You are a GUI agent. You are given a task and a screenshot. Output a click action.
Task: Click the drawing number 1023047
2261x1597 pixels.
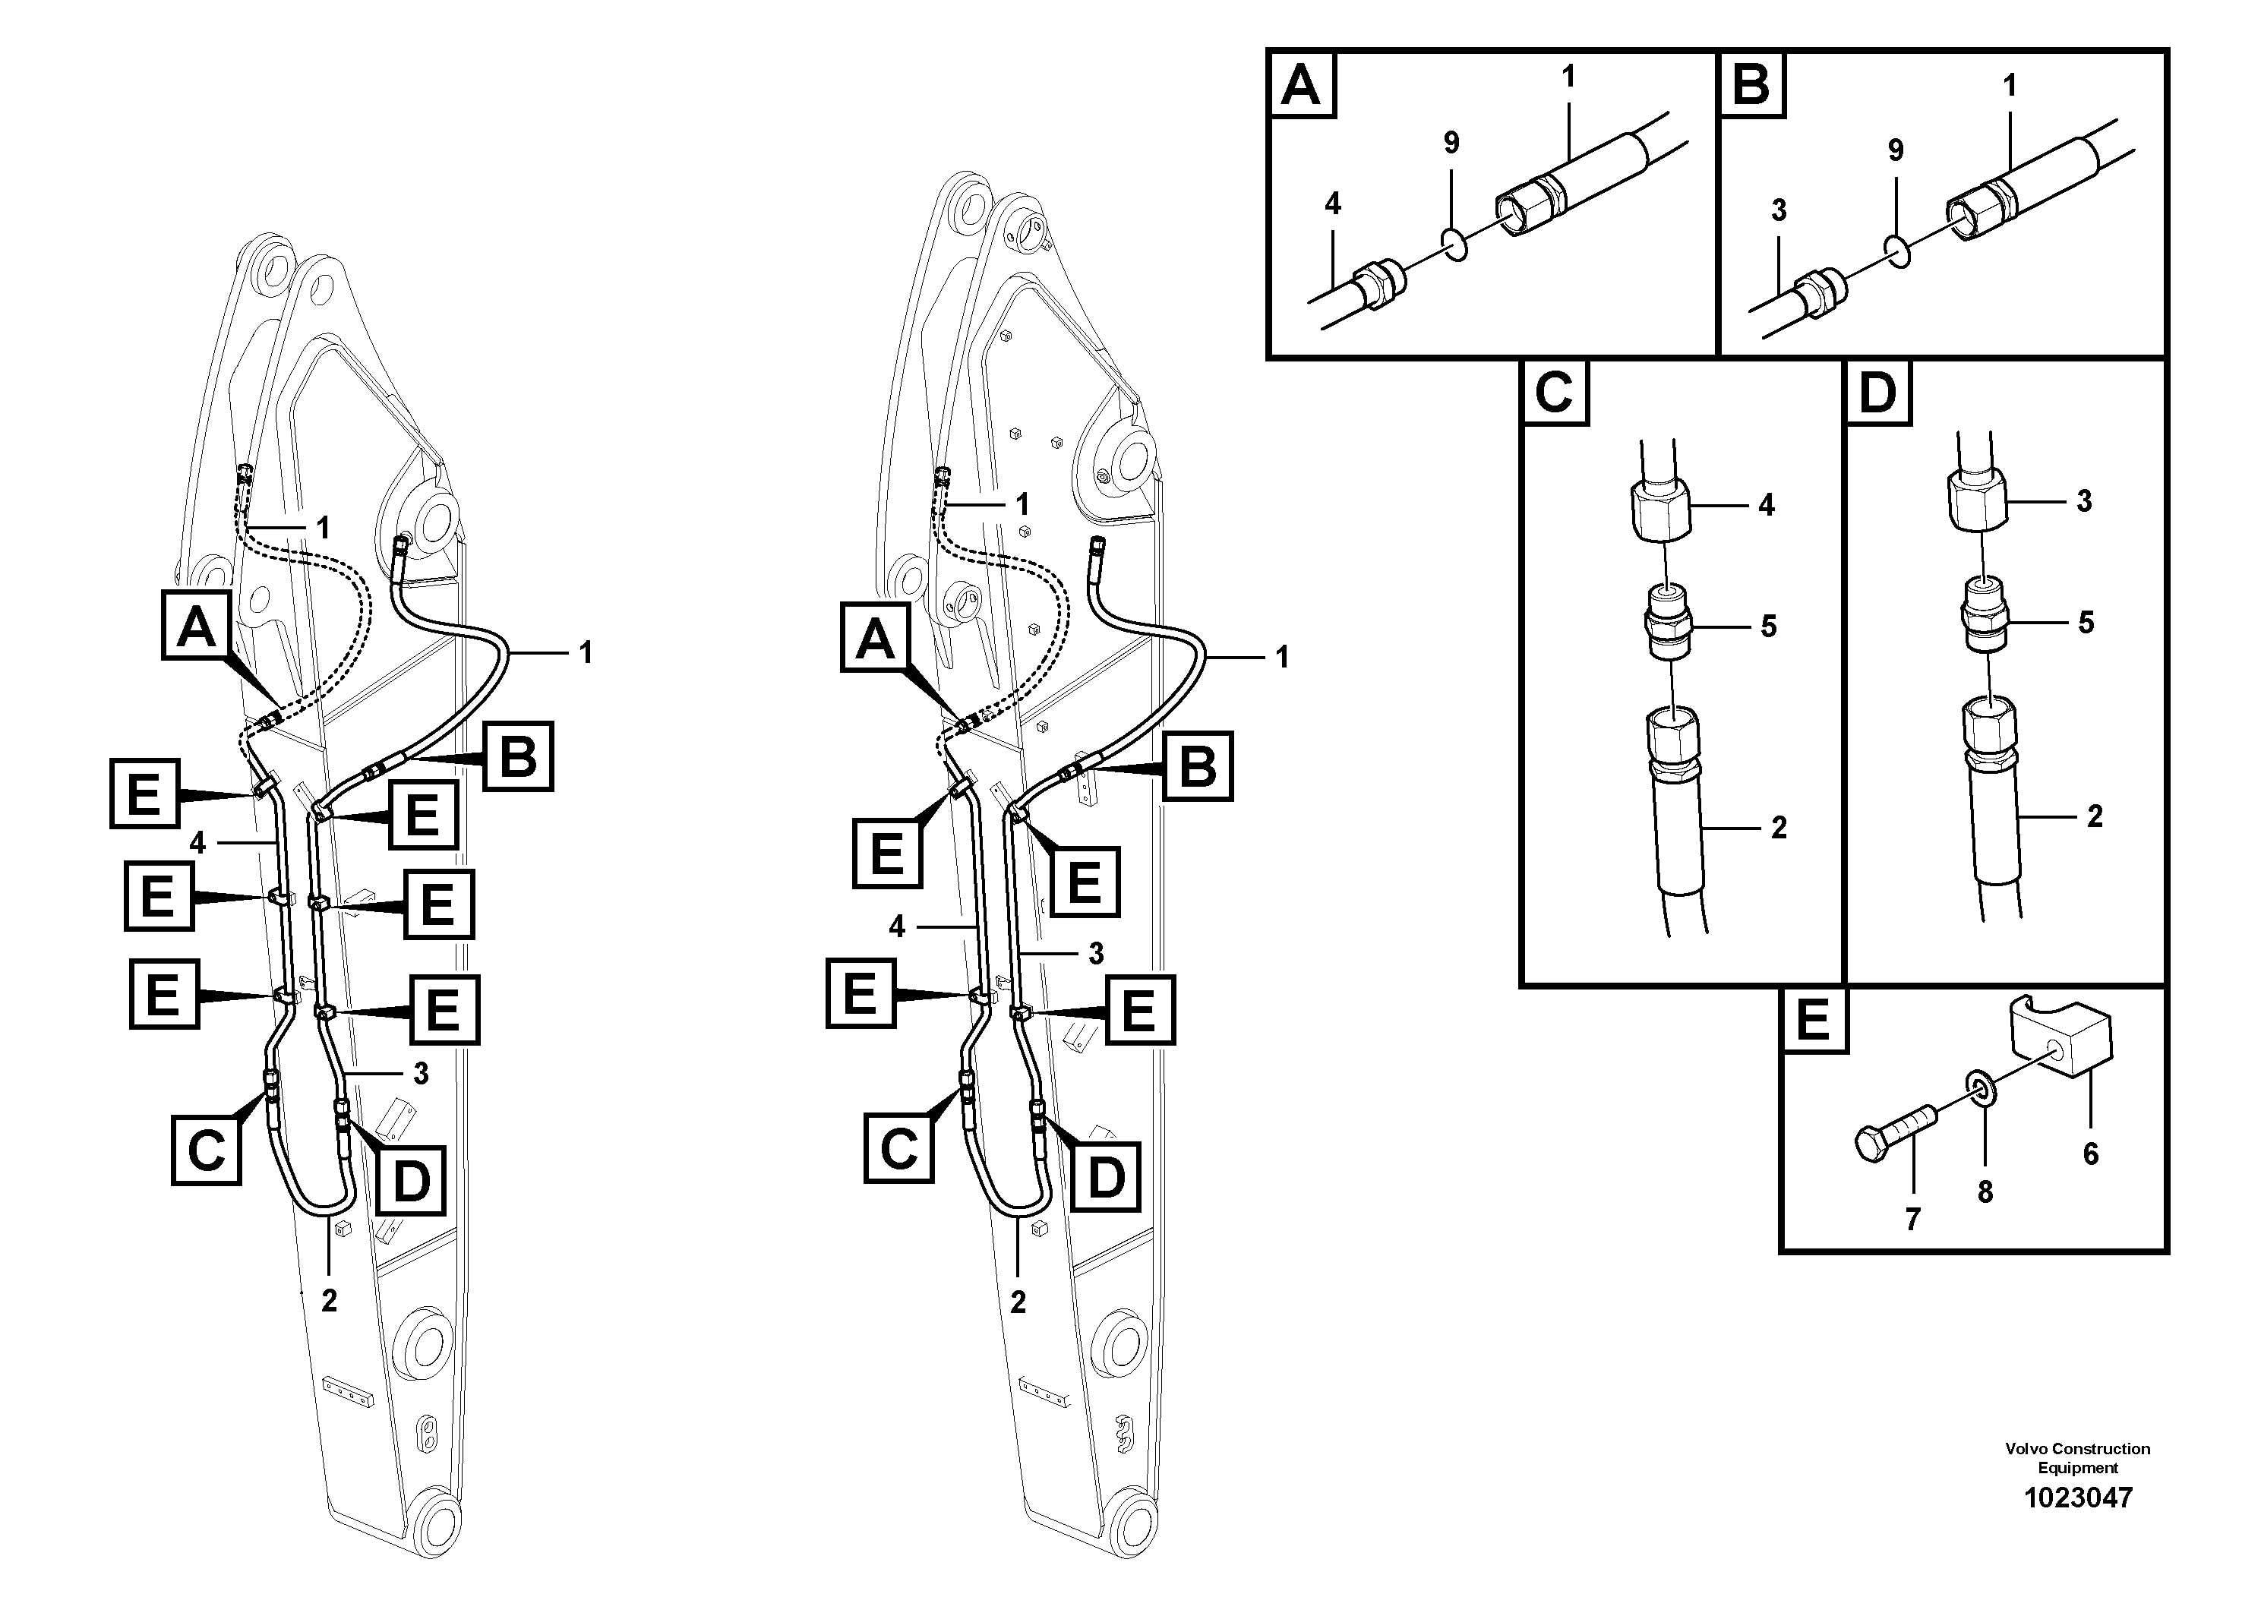2078,1498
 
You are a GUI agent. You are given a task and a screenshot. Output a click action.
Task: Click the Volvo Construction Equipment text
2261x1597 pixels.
2077,1458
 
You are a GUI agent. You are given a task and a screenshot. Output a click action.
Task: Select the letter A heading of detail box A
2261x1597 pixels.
1302,85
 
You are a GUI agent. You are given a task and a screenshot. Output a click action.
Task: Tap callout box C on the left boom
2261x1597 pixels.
206,1149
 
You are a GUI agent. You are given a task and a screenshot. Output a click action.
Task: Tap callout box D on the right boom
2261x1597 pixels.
1105,1176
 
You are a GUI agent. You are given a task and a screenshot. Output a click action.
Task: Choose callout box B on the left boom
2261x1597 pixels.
518,756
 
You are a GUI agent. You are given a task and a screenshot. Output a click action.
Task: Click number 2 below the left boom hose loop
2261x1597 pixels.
329,1301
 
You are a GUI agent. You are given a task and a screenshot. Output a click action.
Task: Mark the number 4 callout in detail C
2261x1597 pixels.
1766,505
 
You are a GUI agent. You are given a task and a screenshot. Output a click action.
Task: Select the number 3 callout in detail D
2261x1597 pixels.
2084,501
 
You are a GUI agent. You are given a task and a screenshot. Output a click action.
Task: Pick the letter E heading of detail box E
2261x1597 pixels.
1813,1020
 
